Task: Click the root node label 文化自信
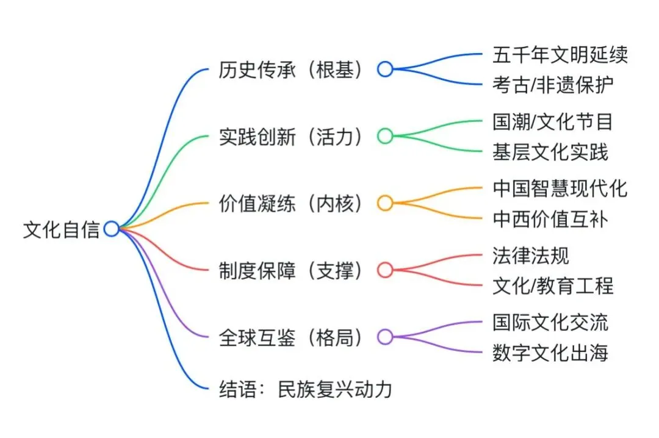61,230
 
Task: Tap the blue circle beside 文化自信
111,229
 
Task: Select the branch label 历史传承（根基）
292,69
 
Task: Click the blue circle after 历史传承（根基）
385,69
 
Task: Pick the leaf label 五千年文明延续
560,54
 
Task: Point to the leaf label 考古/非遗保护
553,84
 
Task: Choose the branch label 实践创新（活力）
292,136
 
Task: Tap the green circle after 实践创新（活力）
385,136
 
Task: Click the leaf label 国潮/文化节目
553,121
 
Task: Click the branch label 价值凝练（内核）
292,203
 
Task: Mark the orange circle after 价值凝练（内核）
385,203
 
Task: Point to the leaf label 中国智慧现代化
560,188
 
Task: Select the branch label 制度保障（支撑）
292,270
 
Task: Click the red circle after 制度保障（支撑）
385,270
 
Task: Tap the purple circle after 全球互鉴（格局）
385,337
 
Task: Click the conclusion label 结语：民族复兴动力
305,389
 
